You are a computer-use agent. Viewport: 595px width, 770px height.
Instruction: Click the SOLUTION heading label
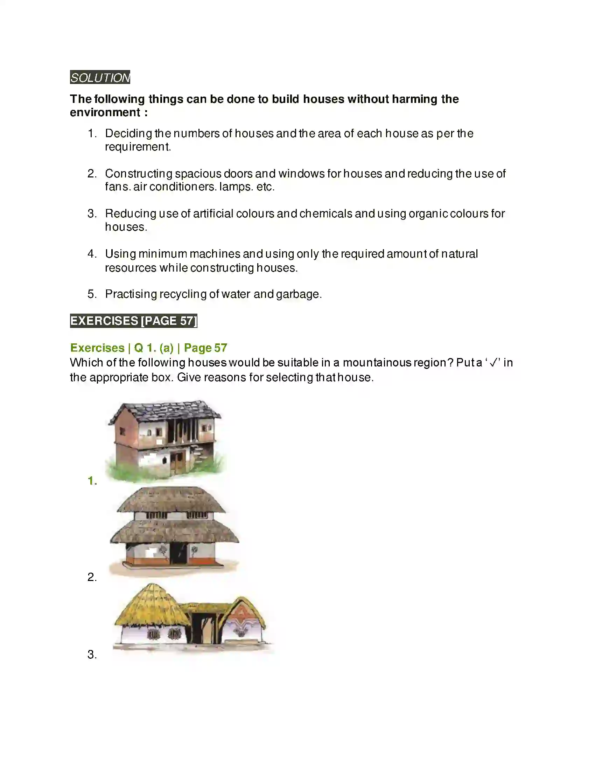(x=100, y=78)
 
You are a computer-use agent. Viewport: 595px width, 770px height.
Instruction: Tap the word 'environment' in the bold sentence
(x=105, y=112)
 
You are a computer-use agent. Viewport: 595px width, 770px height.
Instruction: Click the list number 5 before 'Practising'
(x=92, y=294)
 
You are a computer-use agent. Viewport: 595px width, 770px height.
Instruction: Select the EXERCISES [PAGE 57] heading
(x=134, y=321)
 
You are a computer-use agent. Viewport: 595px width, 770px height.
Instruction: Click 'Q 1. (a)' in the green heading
(x=154, y=348)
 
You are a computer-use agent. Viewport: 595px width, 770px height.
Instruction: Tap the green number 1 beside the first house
(x=92, y=481)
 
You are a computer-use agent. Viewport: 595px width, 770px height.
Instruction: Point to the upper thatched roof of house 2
(x=171, y=499)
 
